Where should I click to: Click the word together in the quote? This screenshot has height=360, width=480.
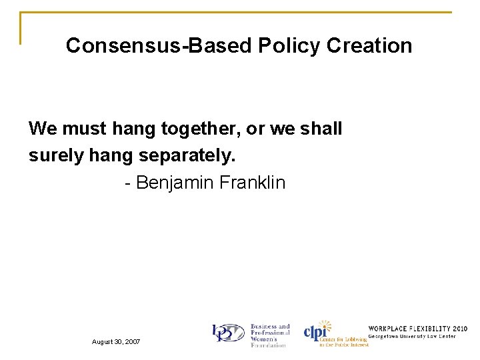pyautogui.click(x=199, y=129)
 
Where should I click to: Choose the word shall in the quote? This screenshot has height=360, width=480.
pyautogui.click(x=321, y=129)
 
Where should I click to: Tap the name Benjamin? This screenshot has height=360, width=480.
pyautogui.click(x=173, y=183)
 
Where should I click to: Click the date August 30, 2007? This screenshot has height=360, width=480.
pyautogui.click(x=116, y=341)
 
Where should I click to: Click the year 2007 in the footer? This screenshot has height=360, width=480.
pyautogui.click(x=133, y=341)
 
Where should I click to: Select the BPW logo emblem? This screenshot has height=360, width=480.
pyautogui.click(x=228, y=333)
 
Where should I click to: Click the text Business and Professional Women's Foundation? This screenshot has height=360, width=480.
pyautogui.click(x=269, y=335)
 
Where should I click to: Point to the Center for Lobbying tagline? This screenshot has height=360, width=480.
pyautogui.click(x=343, y=342)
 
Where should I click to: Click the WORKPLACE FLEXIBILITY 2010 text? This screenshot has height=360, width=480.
pyautogui.click(x=418, y=329)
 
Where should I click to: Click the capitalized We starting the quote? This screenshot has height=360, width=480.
pyautogui.click(x=43, y=129)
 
